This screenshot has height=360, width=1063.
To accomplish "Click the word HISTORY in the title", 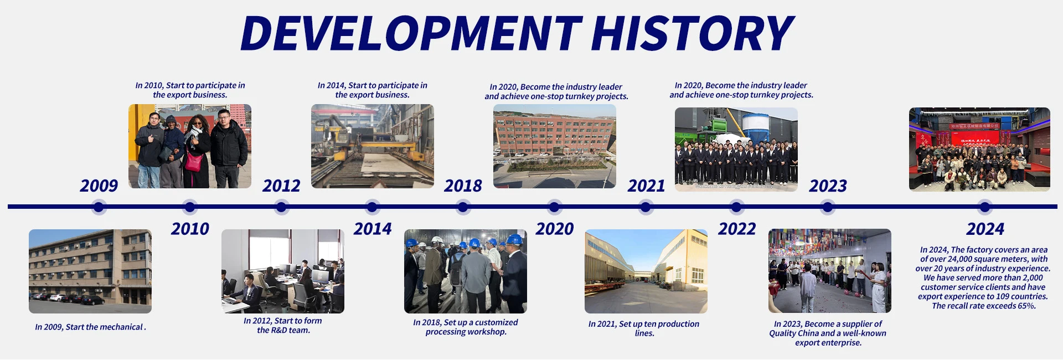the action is (692, 33).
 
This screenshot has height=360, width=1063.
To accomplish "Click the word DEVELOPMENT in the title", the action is (411, 33).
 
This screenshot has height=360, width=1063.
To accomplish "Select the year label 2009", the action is (99, 186).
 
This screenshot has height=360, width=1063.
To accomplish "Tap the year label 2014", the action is (373, 229).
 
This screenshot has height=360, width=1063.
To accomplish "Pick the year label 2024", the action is (985, 229).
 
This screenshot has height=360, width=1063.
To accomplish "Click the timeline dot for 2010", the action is (190, 207).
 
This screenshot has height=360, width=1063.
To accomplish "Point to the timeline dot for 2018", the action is (463, 207).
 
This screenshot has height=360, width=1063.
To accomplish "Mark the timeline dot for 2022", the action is (736, 207).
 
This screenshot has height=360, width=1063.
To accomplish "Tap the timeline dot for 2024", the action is (985, 207).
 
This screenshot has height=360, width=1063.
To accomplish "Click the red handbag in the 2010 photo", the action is (194, 162).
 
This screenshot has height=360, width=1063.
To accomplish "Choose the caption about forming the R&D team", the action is (283, 326).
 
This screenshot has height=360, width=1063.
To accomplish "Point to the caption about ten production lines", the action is (644, 328).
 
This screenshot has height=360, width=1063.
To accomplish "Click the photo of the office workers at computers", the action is (283, 271).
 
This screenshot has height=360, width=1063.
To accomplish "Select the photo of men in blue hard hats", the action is (466, 271).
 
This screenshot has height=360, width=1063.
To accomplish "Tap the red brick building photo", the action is (555, 146).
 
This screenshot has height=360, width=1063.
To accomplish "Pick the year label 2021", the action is (646, 186).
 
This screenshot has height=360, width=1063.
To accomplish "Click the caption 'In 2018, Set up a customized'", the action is (466, 322).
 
